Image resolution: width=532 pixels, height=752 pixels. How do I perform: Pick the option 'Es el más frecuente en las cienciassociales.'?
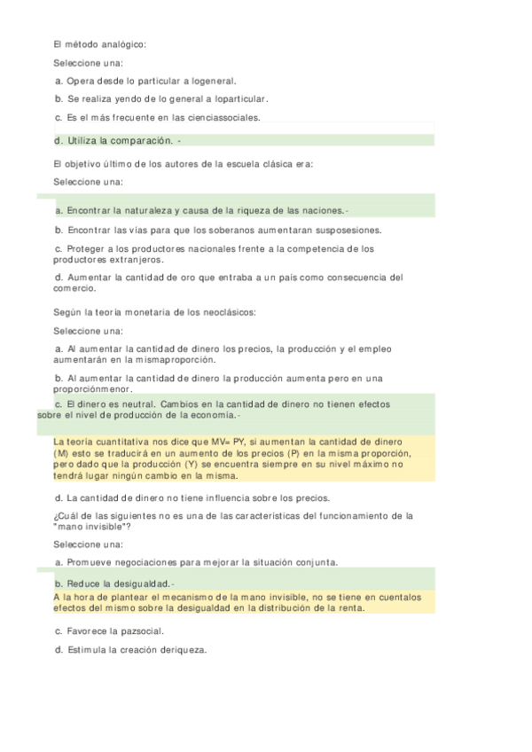157,118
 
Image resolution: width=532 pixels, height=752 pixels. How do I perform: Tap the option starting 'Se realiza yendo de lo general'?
160,99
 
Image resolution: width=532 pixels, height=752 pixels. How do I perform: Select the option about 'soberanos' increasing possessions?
216,230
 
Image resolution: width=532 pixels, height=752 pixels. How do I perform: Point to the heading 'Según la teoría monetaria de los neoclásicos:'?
154,312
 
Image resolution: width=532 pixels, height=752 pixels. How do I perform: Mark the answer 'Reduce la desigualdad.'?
114,584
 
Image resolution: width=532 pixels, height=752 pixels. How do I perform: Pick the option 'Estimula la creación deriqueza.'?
129,650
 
